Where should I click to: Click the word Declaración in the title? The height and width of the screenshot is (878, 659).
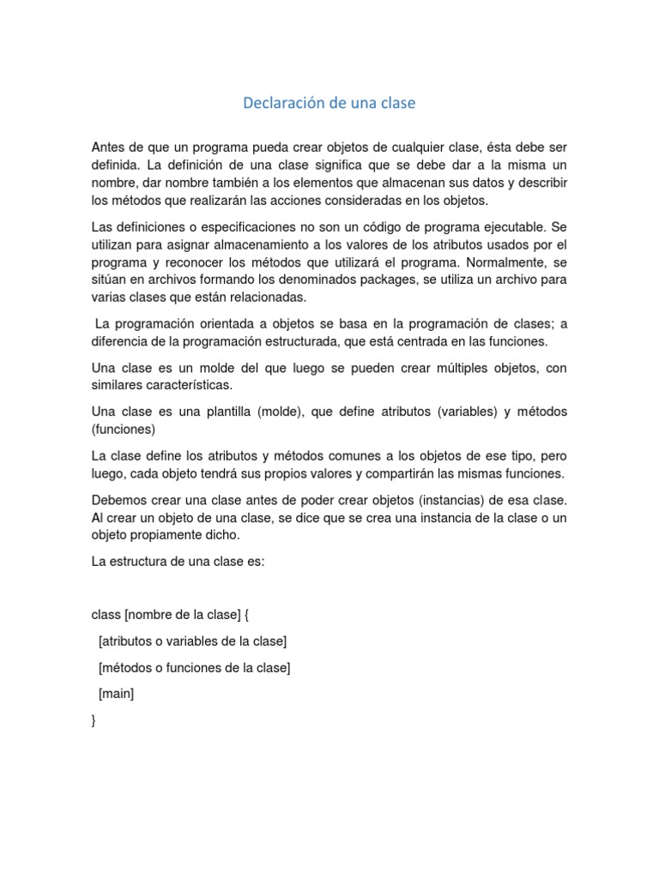pos(282,103)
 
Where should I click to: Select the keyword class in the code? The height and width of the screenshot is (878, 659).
pos(106,615)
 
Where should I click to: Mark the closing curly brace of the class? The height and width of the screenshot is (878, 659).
pos(94,720)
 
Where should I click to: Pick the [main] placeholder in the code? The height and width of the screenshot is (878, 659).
pos(117,694)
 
